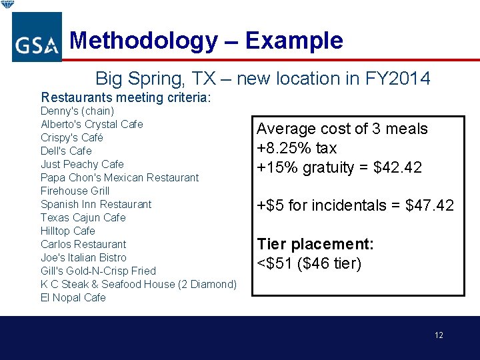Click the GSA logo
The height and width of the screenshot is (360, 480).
point(37,37)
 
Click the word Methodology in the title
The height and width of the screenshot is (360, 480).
point(143,41)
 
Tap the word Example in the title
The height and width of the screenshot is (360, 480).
point(294,41)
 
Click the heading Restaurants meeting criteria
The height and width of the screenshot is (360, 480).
point(126,98)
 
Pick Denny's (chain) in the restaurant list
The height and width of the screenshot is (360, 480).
point(77,111)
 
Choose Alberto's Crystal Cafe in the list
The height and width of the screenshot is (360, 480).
point(92,124)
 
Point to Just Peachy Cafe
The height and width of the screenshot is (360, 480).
point(82,164)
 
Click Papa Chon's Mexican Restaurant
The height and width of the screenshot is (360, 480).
point(119,177)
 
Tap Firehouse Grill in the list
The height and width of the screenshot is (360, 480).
point(75,191)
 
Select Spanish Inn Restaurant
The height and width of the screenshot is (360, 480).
point(96,204)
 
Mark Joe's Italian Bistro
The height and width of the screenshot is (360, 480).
point(83,257)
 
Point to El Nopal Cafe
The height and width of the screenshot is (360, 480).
point(73,297)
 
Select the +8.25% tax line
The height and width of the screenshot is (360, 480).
point(297,148)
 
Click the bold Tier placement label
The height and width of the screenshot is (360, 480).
point(315,245)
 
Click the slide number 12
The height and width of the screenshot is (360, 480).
point(439,335)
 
